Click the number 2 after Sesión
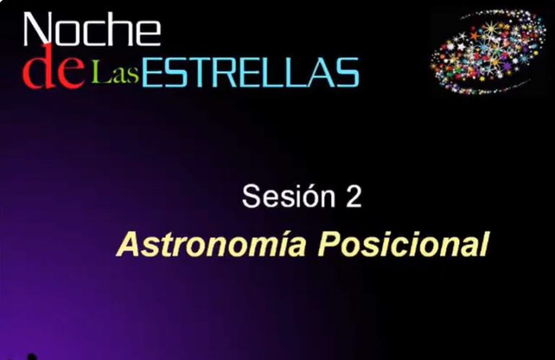(353, 197)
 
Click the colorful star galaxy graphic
(489, 51)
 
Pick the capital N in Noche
(38, 30)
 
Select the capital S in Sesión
(251, 197)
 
